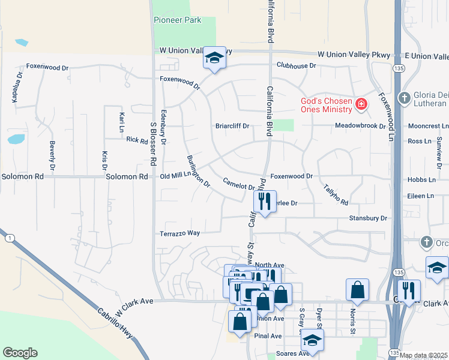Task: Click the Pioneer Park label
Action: pos(177,20)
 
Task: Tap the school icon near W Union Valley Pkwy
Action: pos(214,59)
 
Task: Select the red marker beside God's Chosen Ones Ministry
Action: pos(361,104)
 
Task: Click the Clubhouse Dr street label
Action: pos(296,65)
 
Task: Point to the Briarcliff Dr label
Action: pos(232,126)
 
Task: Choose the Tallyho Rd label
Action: pos(335,193)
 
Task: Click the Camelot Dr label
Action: pos(239,184)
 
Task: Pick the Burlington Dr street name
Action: pos(198,172)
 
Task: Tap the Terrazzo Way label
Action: pos(179,233)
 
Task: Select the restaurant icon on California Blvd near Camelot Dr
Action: pos(265,202)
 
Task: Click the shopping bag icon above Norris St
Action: pos(357,290)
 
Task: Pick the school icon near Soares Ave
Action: pos(312,340)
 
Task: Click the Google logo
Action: pos(20,353)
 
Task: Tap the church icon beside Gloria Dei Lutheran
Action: pos(405,97)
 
